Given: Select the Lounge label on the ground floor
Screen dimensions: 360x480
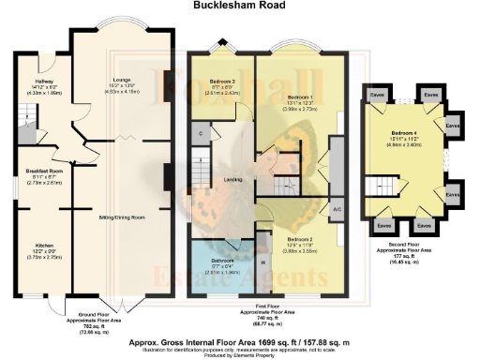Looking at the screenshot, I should [x=121, y=82].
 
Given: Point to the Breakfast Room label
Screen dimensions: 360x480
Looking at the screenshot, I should [x=43, y=171].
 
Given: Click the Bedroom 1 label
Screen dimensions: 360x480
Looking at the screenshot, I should [x=300, y=97].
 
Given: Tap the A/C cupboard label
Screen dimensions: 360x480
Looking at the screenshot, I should [x=337, y=208].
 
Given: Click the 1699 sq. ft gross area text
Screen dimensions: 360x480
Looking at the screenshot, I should [x=239, y=330].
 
